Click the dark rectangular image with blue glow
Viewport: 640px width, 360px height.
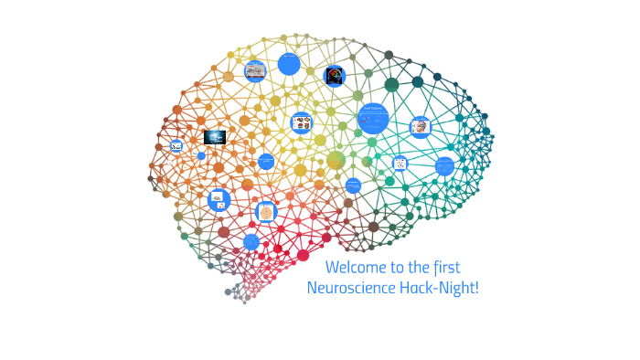tap(215, 137)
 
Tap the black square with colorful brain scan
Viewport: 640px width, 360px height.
tap(335, 77)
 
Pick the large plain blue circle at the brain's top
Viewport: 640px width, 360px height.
tap(289, 63)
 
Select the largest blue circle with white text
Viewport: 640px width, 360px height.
tap(373, 118)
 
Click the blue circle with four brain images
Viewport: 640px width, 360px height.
tap(301, 122)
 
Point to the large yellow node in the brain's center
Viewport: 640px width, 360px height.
tap(336, 161)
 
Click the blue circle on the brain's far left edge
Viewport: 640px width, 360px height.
tap(176, 145)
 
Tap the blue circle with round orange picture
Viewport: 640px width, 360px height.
tap(266, 212)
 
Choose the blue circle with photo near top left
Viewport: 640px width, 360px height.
tap(255, 71)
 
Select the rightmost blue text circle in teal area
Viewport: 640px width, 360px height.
tap(444, 166)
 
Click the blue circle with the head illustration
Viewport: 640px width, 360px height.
tap(421, 127)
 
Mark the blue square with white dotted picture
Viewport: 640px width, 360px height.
tap(400, 164)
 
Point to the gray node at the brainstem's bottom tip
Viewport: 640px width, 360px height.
tap(229, 292)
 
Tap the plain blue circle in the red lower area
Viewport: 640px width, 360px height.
tap(251, 241)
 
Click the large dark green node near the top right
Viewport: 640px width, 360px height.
tap(392, 85)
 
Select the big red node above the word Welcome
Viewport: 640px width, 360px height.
tap(304, 255)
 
